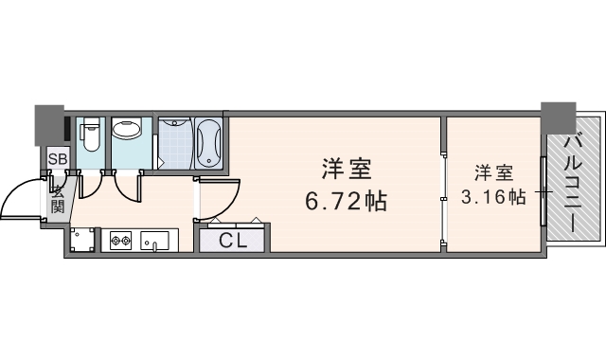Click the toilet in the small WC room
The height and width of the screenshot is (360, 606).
(89, 138)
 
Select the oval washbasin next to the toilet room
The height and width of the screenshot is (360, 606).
(126, 131)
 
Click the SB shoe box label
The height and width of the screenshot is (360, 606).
(58, 159)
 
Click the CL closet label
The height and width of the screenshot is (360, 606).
(233, 240)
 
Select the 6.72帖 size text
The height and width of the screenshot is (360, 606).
(345, 203)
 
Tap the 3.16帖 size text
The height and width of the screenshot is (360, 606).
(493, 197)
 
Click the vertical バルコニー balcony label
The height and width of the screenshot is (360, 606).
(574, 186)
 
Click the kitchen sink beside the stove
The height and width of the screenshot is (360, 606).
(154, 242)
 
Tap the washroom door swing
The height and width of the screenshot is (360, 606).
(130, 186)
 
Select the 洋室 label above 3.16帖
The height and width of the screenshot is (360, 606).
(493, 172)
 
